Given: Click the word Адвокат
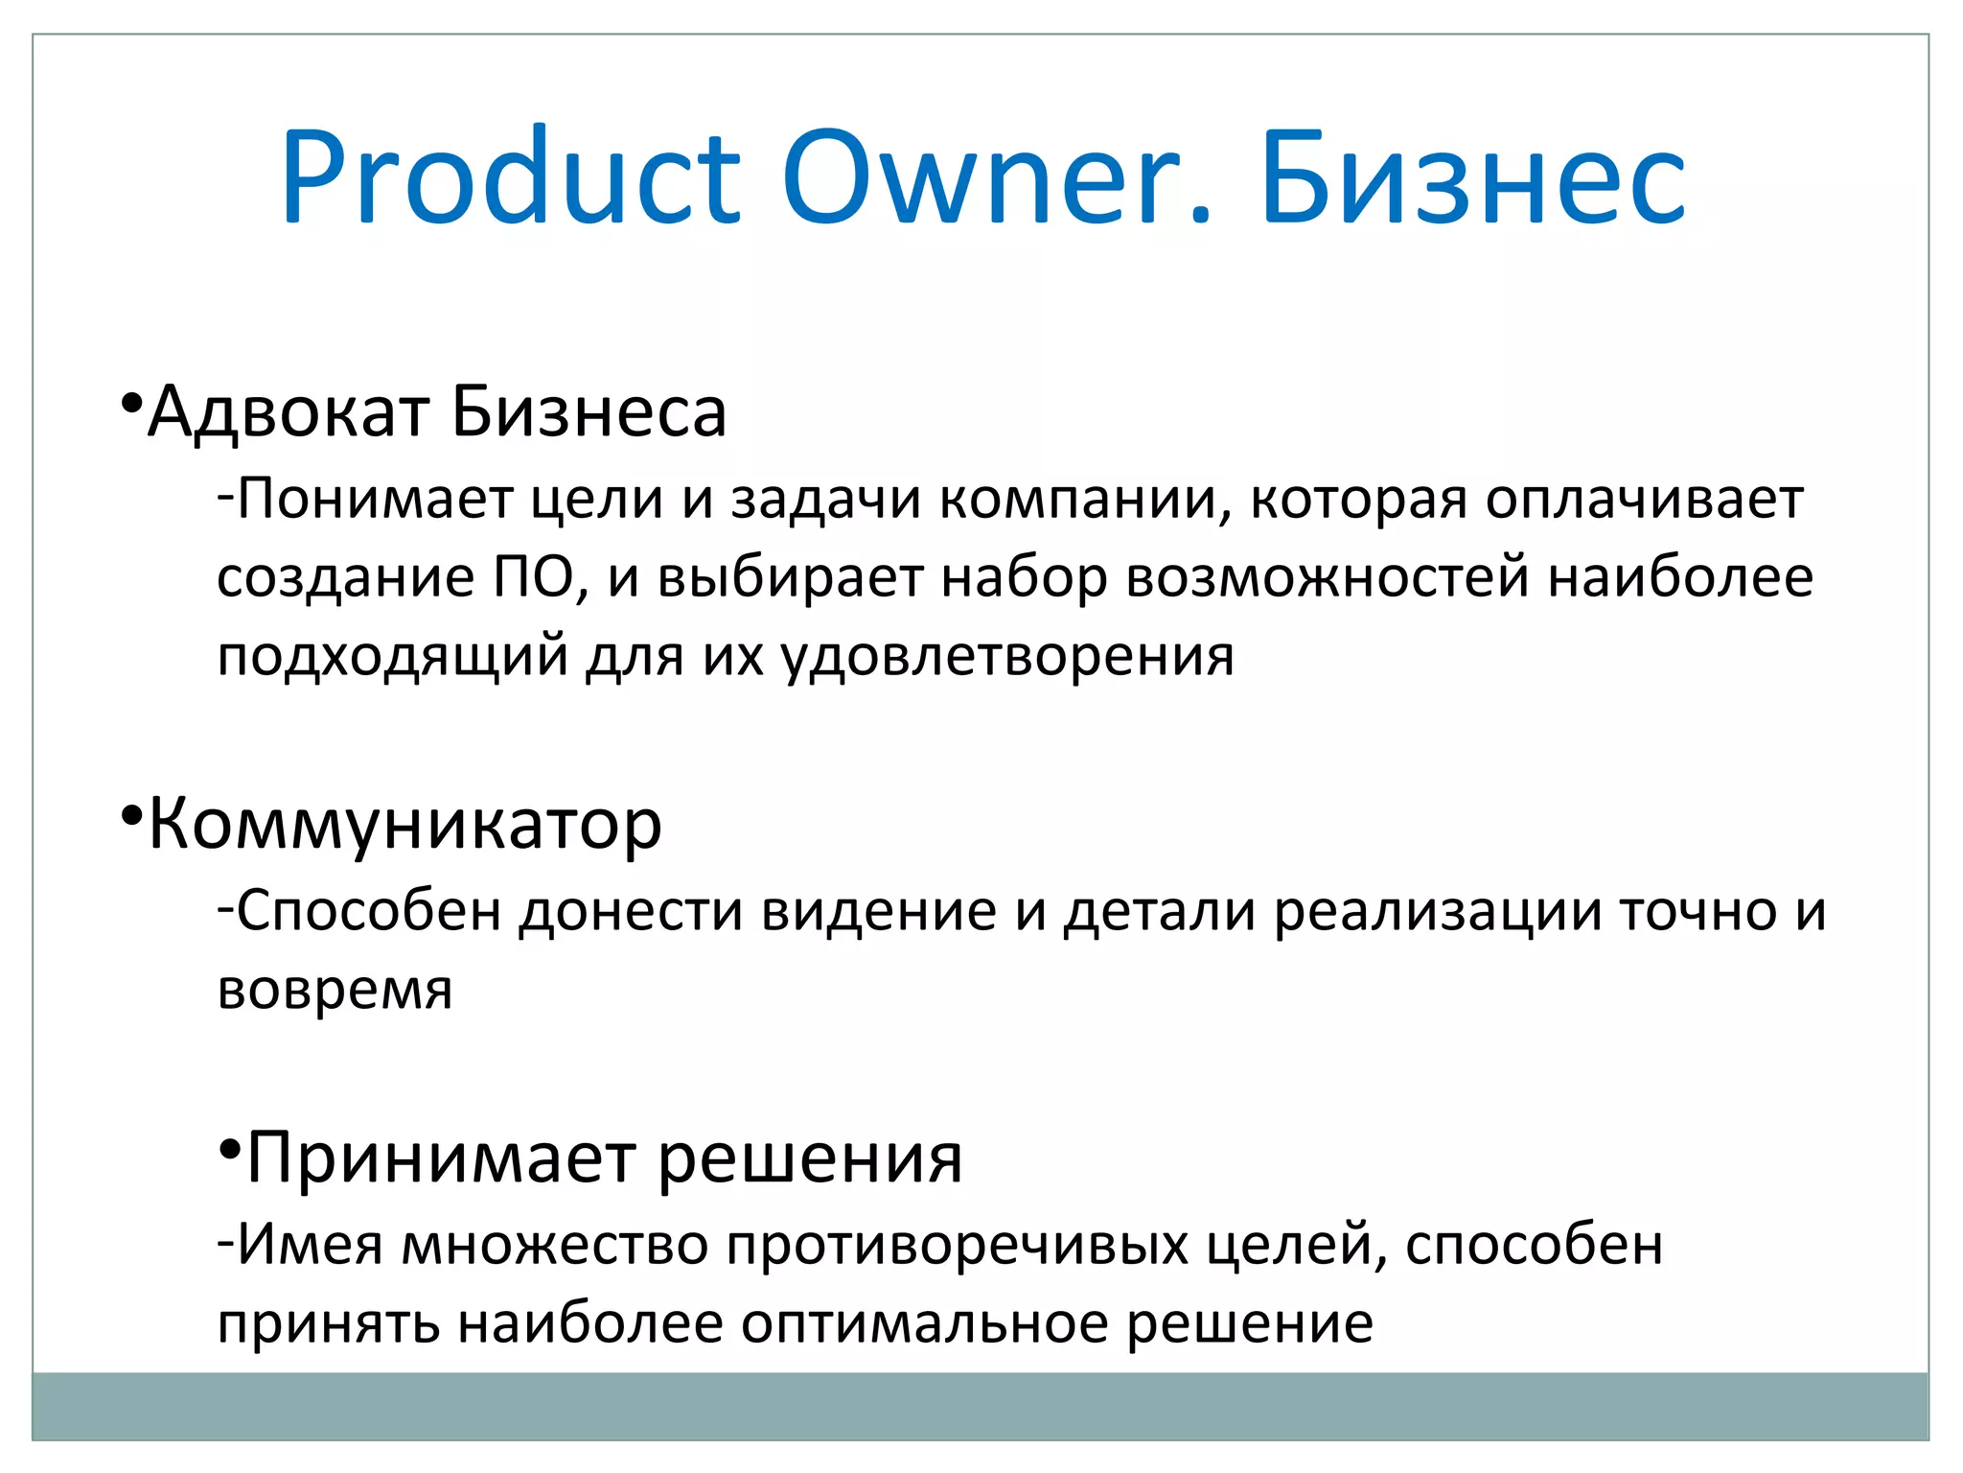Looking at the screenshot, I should [x=289, y=413].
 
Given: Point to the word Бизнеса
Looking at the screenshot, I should [x=589, y=413].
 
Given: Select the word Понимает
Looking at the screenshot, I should [x=375, y=500].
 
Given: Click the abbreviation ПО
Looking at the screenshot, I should [x=534, y=578].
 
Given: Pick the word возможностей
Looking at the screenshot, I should [x=1327, y=578].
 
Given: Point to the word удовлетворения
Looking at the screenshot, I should [x=1007, y=658].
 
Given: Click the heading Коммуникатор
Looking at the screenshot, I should [x=404, y=826].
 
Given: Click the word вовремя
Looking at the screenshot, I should [x=335, y=990].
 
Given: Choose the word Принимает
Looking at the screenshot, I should [x=441, y=1158].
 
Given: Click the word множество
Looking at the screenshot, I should [x=554, y=1246].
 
